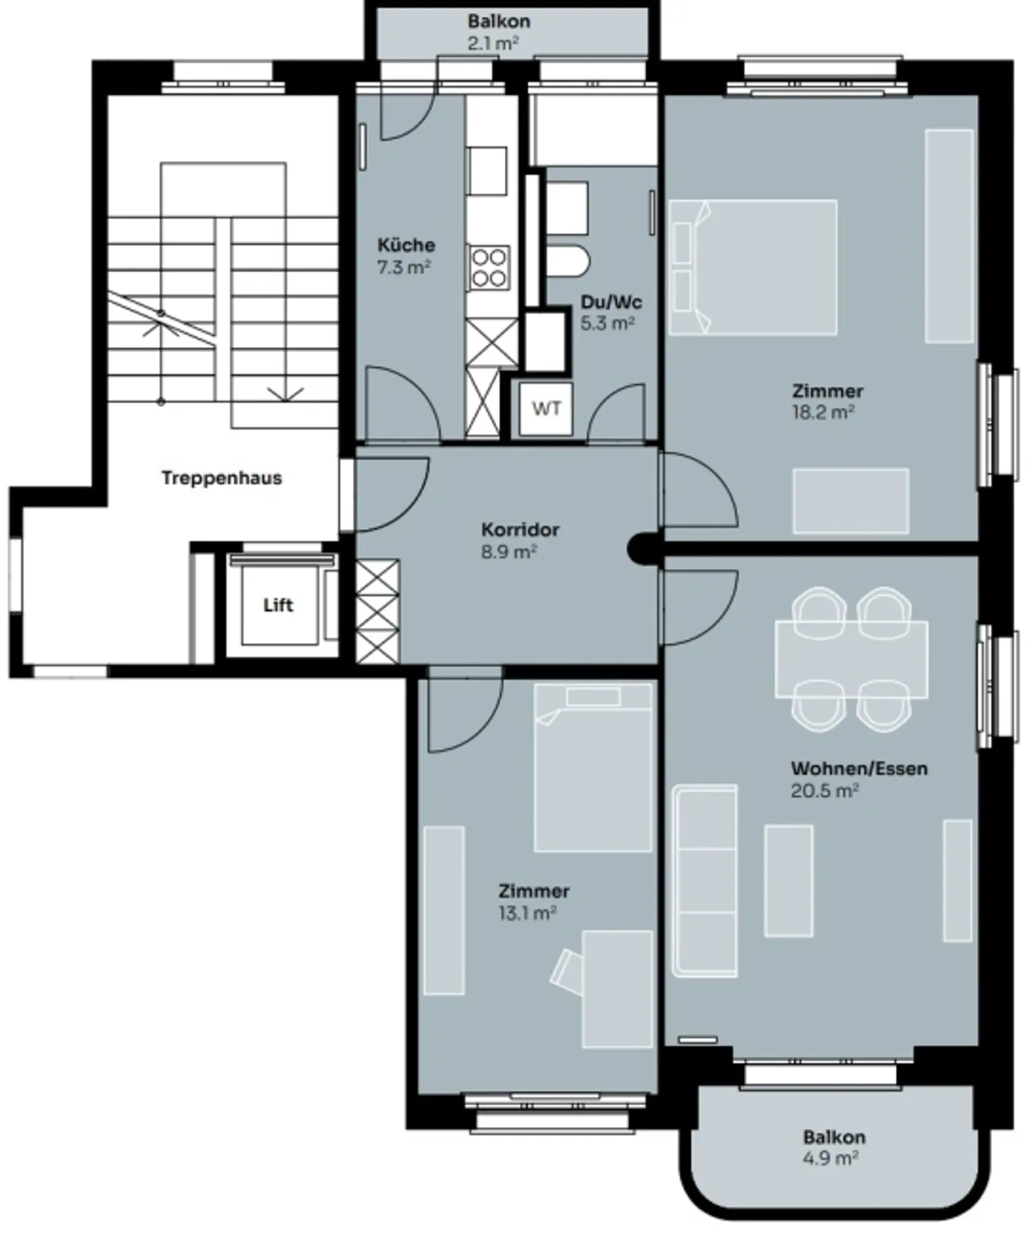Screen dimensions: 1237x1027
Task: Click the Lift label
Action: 277,605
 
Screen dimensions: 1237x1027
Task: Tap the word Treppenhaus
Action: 221,478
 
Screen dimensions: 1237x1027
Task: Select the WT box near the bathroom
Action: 546,409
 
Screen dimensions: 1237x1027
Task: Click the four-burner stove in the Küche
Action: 489,267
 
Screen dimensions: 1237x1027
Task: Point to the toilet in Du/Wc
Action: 568,261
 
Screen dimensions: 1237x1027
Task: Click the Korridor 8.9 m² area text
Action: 509,552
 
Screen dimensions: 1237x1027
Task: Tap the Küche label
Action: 406,245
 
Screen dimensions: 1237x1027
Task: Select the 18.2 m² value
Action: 823,413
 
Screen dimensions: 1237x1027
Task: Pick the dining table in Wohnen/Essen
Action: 852,658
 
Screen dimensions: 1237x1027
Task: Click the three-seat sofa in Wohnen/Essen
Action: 705,881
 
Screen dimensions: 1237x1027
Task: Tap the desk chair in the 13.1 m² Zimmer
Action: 567,970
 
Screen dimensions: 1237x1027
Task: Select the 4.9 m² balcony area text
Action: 829,1159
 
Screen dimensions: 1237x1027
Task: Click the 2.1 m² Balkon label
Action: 499,21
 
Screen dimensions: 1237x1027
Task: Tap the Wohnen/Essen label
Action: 859,769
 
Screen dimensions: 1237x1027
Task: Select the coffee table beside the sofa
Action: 788,881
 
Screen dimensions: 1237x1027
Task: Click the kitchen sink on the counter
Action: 487,171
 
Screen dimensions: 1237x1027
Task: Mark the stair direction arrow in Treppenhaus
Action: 285,394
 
